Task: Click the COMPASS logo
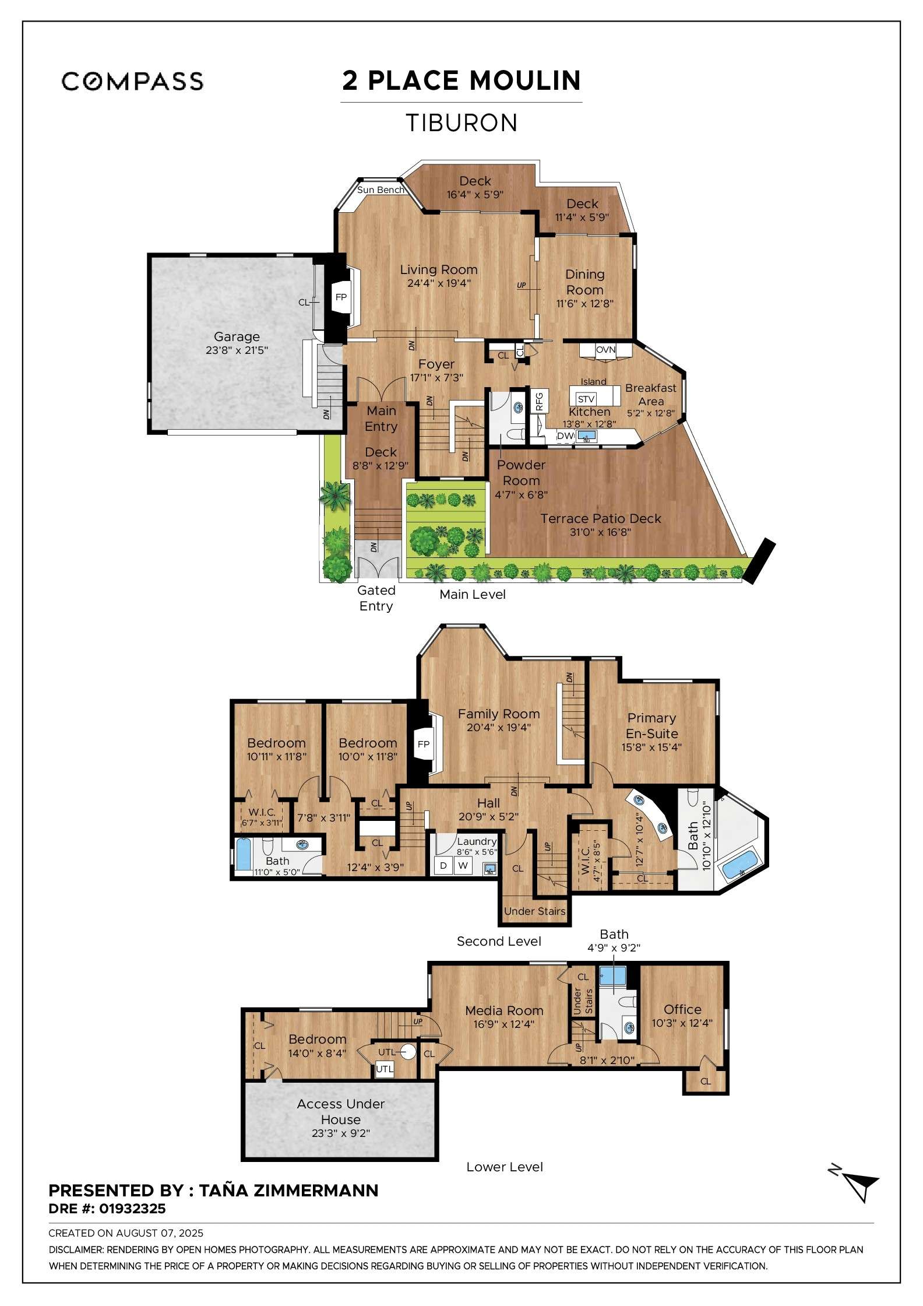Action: [132, 81]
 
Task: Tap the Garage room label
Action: [237, 336]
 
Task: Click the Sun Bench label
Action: [381, 190]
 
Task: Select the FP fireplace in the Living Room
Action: [341, 297]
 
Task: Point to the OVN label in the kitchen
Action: [605, 350]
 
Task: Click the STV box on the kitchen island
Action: [586, 399]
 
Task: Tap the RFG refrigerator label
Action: [539, 401]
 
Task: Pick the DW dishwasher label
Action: [565, 436]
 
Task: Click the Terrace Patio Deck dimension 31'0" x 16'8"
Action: [600, 532]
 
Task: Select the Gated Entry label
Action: [376, 598]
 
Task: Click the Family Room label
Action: [498, 714]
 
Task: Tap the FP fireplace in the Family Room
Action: [424, 744]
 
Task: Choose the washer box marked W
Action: [463, 865]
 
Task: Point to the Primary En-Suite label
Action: [651, 726]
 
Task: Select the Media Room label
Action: [504, 1010]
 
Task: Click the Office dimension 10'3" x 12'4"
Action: [682, 1023]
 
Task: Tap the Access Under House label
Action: [340, 1111]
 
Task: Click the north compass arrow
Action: [861, 1186]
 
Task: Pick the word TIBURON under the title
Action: [461, 123]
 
